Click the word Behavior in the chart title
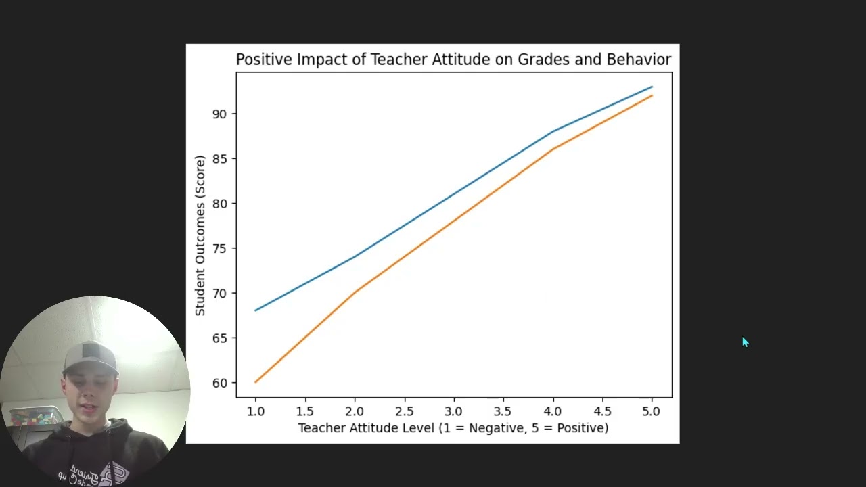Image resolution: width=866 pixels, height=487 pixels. click(x=639, y=60)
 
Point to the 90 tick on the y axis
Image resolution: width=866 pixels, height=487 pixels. click(x=221, y=114)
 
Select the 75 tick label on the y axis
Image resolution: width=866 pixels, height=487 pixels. click(x=221, y=248)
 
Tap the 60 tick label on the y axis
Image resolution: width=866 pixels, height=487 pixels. click(x=221, y=383)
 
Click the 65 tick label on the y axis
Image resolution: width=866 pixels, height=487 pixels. click(x=221, y=338)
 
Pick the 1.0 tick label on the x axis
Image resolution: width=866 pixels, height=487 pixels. click(x=255, y=411)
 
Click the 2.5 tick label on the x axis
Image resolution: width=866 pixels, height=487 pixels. click(x=404, y=411)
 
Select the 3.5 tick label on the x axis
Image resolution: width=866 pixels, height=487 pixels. click(x=503, y=411)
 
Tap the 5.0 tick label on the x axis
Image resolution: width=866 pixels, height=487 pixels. click(x=652, y=411)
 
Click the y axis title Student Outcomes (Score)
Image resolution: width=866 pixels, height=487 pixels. click(x=200, y=235)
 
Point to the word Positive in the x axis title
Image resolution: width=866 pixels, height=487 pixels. click(x=580, y=428)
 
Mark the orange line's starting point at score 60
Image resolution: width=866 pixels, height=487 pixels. click(x=255, y=382)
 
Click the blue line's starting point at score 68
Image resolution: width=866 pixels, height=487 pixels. click(x=255, y=310)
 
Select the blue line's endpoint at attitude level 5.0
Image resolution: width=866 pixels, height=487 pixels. click(x=652, y=87)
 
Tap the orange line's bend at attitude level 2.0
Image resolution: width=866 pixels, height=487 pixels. click(x=355, y=293)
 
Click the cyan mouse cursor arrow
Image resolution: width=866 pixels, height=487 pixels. click(x=744, y=342)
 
